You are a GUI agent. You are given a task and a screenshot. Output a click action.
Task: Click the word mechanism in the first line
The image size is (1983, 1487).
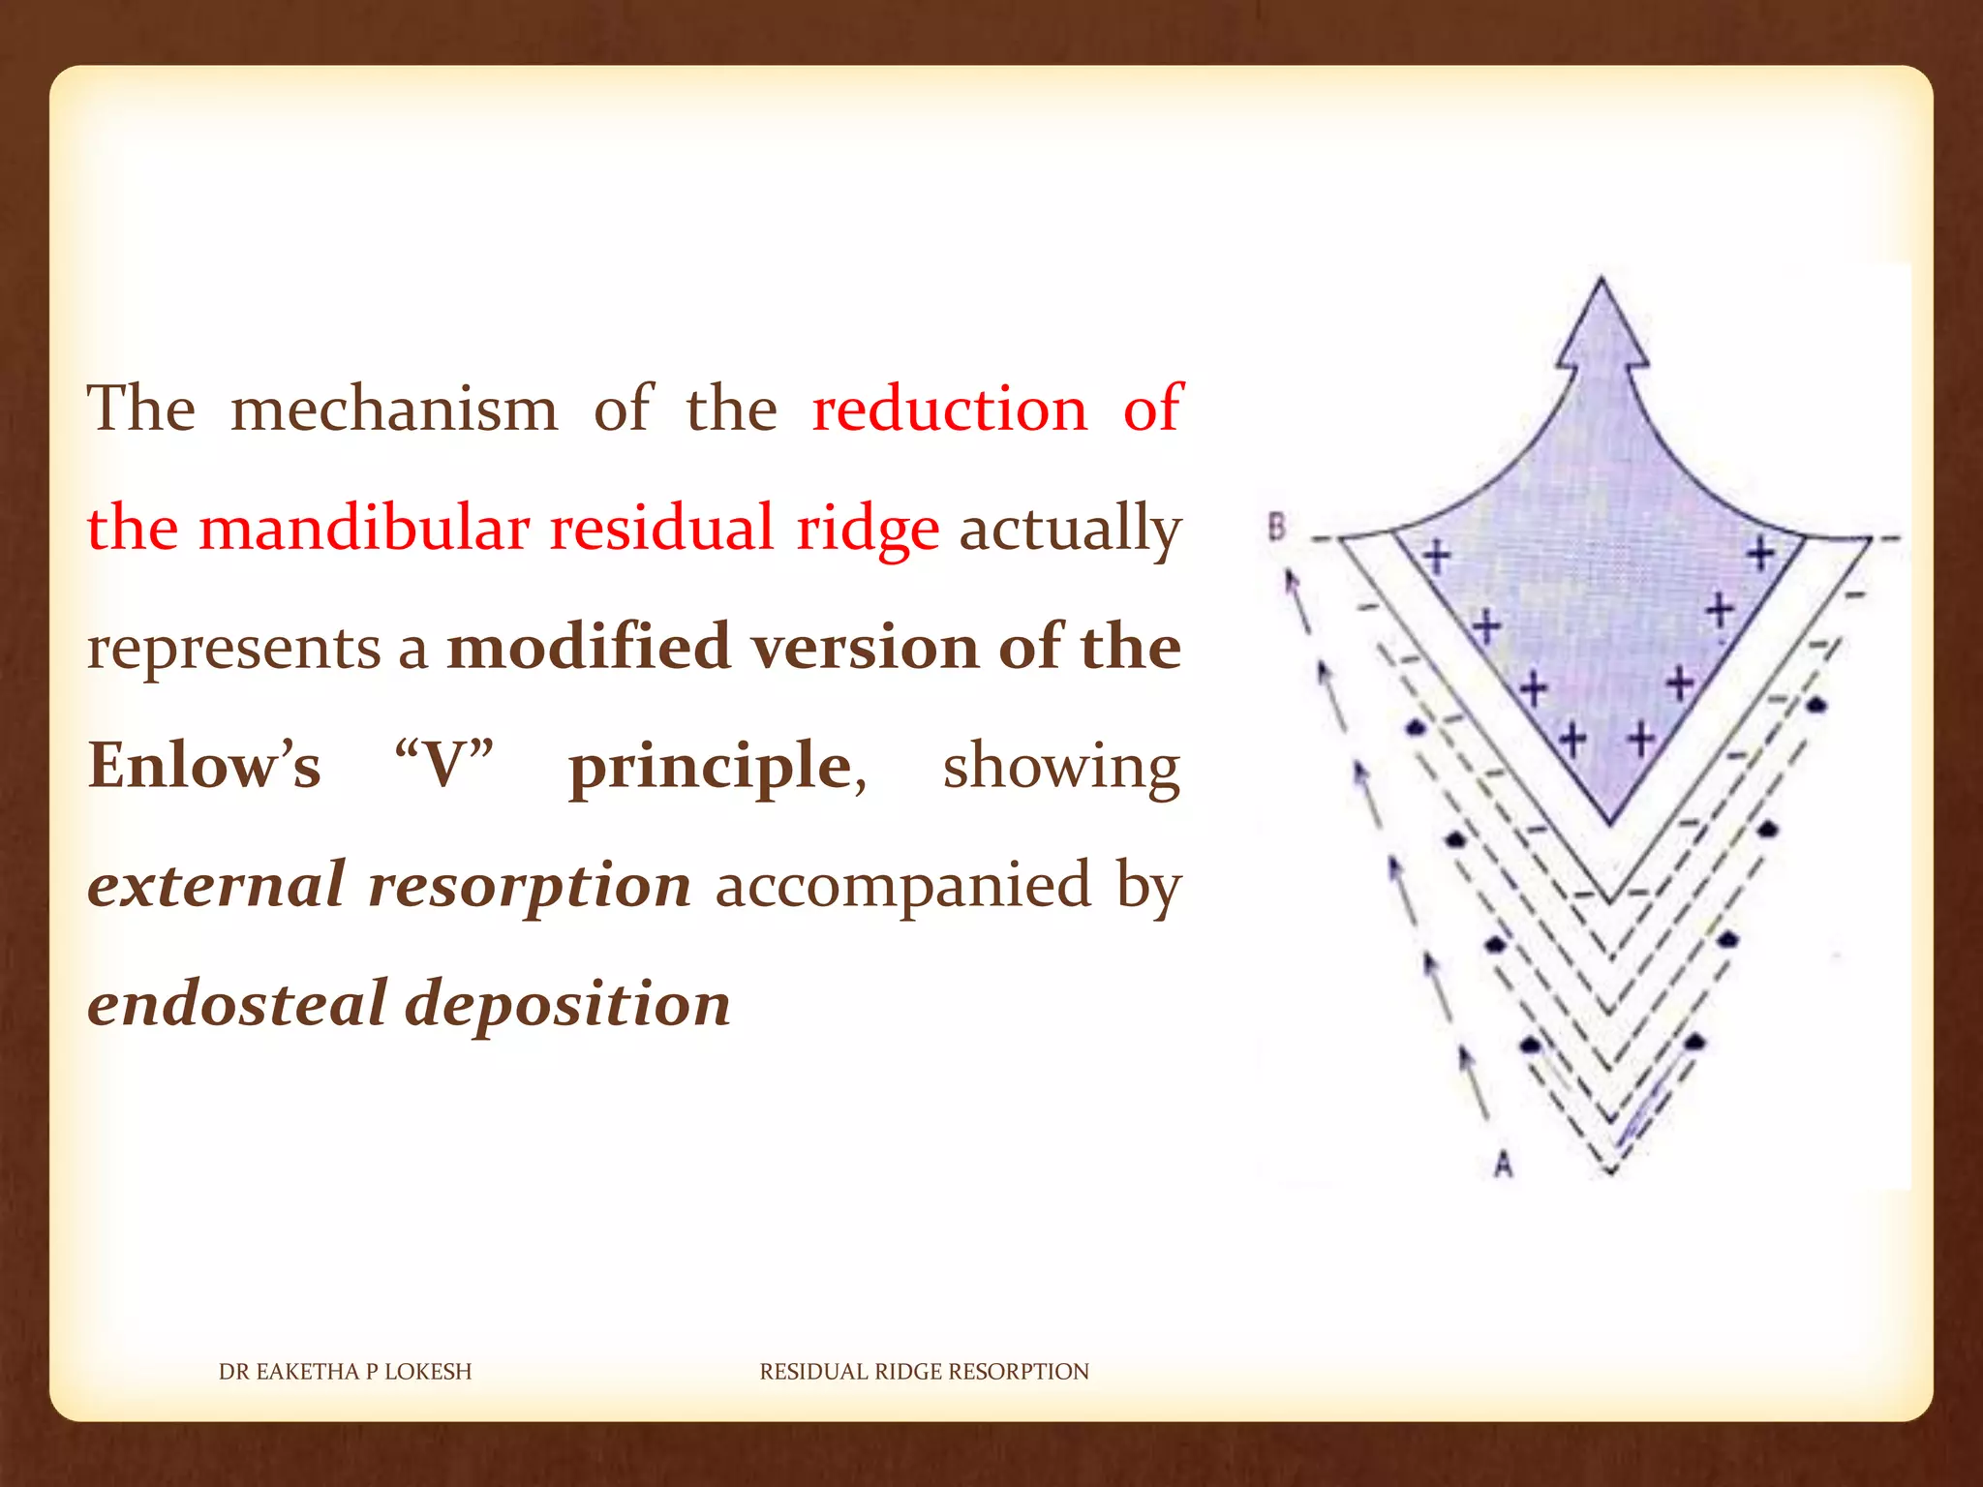(394, 409)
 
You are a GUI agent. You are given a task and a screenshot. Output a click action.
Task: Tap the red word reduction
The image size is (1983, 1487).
(949, 409)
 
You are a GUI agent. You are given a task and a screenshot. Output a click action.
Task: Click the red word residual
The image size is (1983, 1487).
(662, 529)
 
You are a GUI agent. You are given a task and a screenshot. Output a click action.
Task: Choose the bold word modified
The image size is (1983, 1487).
(588, 647)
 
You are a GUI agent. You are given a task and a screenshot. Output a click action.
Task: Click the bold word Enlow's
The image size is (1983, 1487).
(204, 766)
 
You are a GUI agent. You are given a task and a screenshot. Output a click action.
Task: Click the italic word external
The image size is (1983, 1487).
(216, 884)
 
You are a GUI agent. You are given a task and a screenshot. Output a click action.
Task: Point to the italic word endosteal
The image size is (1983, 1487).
(236, 1004)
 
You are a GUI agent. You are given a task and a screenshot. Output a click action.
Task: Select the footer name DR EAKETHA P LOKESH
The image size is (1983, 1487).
(345, 1371)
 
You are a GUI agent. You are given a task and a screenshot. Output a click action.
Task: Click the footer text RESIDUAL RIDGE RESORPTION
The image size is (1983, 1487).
(924, 1371)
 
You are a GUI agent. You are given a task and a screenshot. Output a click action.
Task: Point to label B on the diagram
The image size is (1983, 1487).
(1277, 528)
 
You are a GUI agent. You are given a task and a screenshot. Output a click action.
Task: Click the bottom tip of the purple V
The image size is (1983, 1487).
(1610, 824)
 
